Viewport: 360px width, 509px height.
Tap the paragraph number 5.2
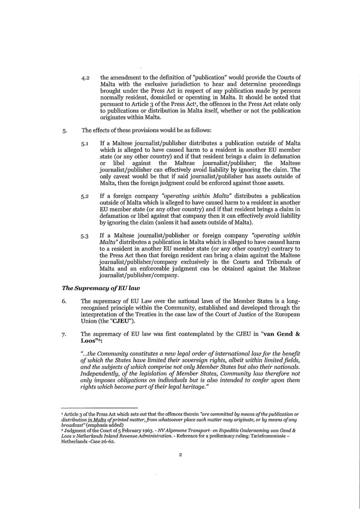[85, 196]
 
